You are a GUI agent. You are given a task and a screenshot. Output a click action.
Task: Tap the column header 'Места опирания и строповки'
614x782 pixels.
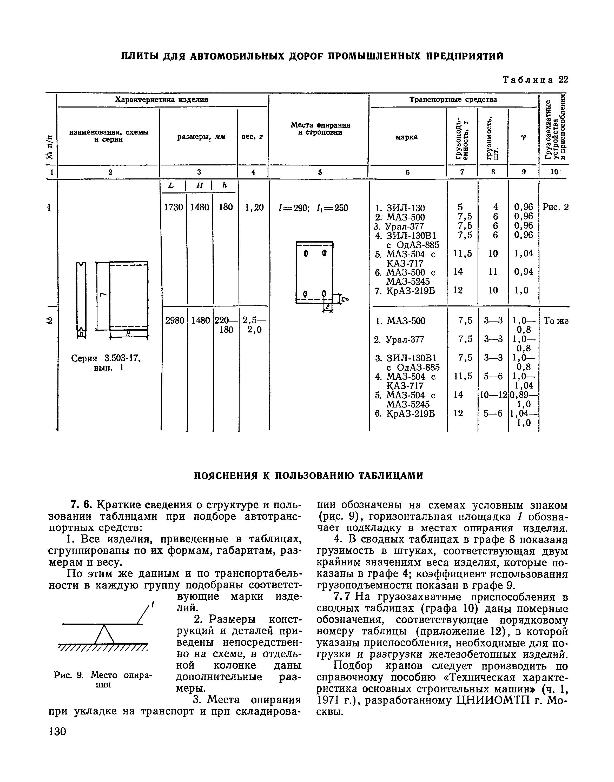tap(320, 129)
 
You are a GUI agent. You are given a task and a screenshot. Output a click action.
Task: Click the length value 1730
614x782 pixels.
tap(173, 207)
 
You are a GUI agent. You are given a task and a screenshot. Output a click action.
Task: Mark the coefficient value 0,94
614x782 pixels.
tap(523, 272)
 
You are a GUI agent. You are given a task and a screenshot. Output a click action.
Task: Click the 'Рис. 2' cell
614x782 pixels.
tap(555, 207)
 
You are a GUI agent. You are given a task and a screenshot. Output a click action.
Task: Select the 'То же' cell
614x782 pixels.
tap(556, 320)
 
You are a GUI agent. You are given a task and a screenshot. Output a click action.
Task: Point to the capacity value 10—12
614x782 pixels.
tap(493, 395)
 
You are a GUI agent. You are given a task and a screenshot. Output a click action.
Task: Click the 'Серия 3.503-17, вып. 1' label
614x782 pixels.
tap(105, 363)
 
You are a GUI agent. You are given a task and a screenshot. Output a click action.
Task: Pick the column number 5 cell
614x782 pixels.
tap(320, 172)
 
